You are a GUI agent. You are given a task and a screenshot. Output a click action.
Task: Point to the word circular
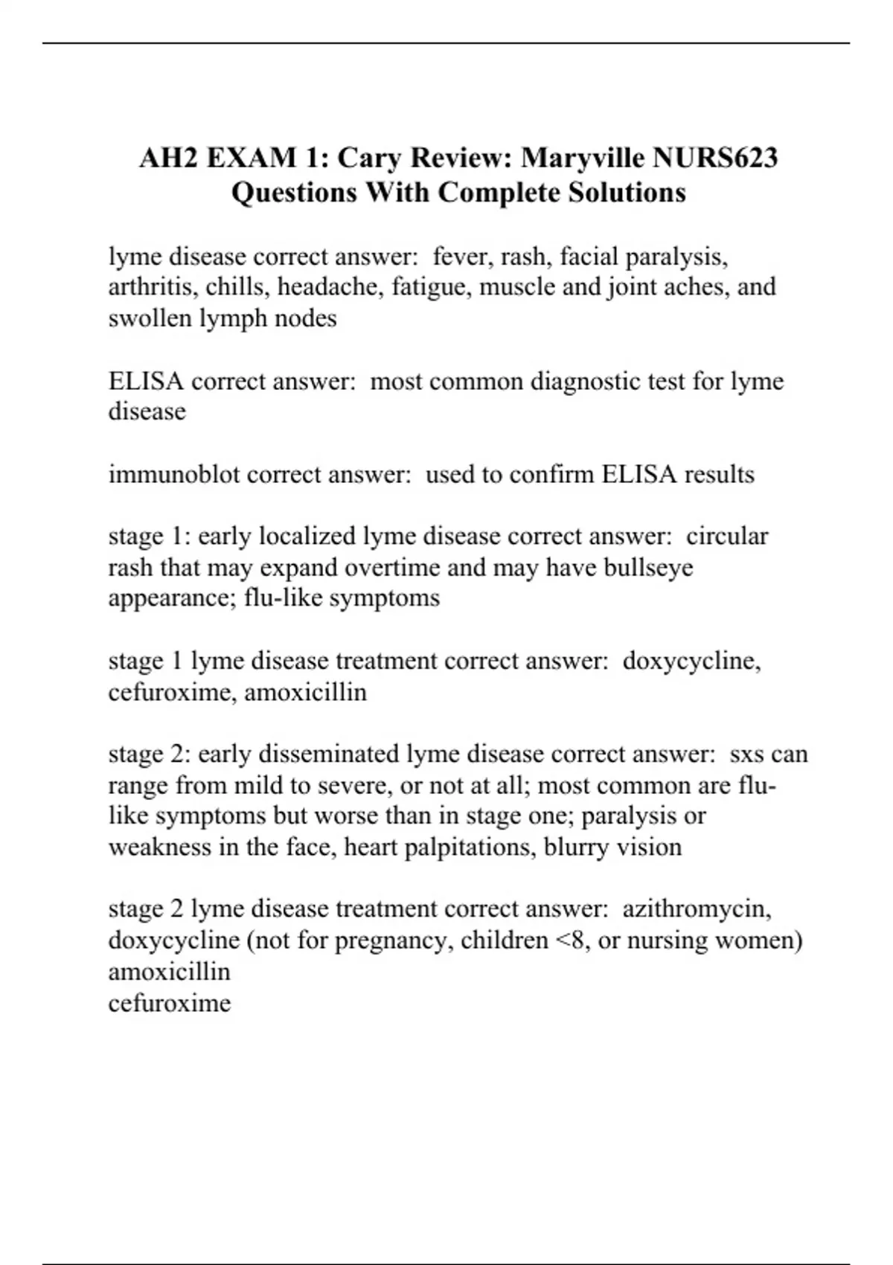click(727, 536)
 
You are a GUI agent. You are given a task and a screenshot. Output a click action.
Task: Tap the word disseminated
click(329, 754)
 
